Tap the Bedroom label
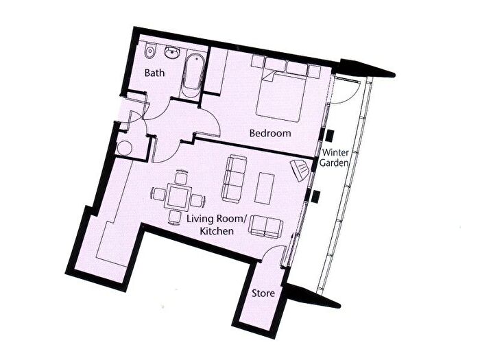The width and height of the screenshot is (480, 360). (270, 133)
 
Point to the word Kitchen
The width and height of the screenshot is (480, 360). (215, 232)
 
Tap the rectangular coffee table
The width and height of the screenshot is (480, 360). (265, 187)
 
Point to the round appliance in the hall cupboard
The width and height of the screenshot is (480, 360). (125, 148)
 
